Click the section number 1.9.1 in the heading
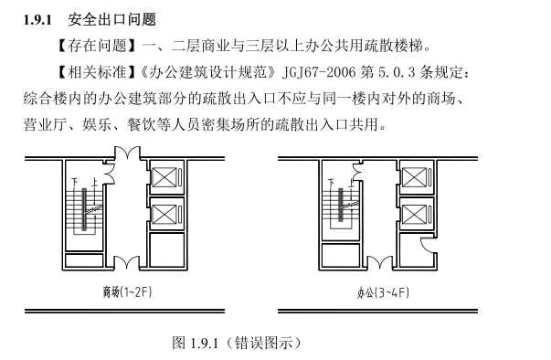[x=37, y=20]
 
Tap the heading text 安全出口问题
[x=112, y=19]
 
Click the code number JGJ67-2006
[x=319, y=72]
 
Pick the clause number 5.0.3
[x=397, y=72]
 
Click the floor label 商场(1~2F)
[x=127, y=291]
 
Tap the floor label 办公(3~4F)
[x=383, y=292]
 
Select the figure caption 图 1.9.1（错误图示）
[x=237, y=343]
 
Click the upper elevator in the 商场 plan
[x=164, y=177]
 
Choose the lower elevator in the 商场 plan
[x=164, y=215]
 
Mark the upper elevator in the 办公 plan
[x=414, y=177]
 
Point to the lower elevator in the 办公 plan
[x=414, y=215]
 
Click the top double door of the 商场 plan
[x=127, y=154]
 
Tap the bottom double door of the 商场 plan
[x=127, y=263]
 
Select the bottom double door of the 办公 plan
[x=380, y=263]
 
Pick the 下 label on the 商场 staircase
[x=75, y=182]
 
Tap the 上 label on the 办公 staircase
[x=351, y=182]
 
